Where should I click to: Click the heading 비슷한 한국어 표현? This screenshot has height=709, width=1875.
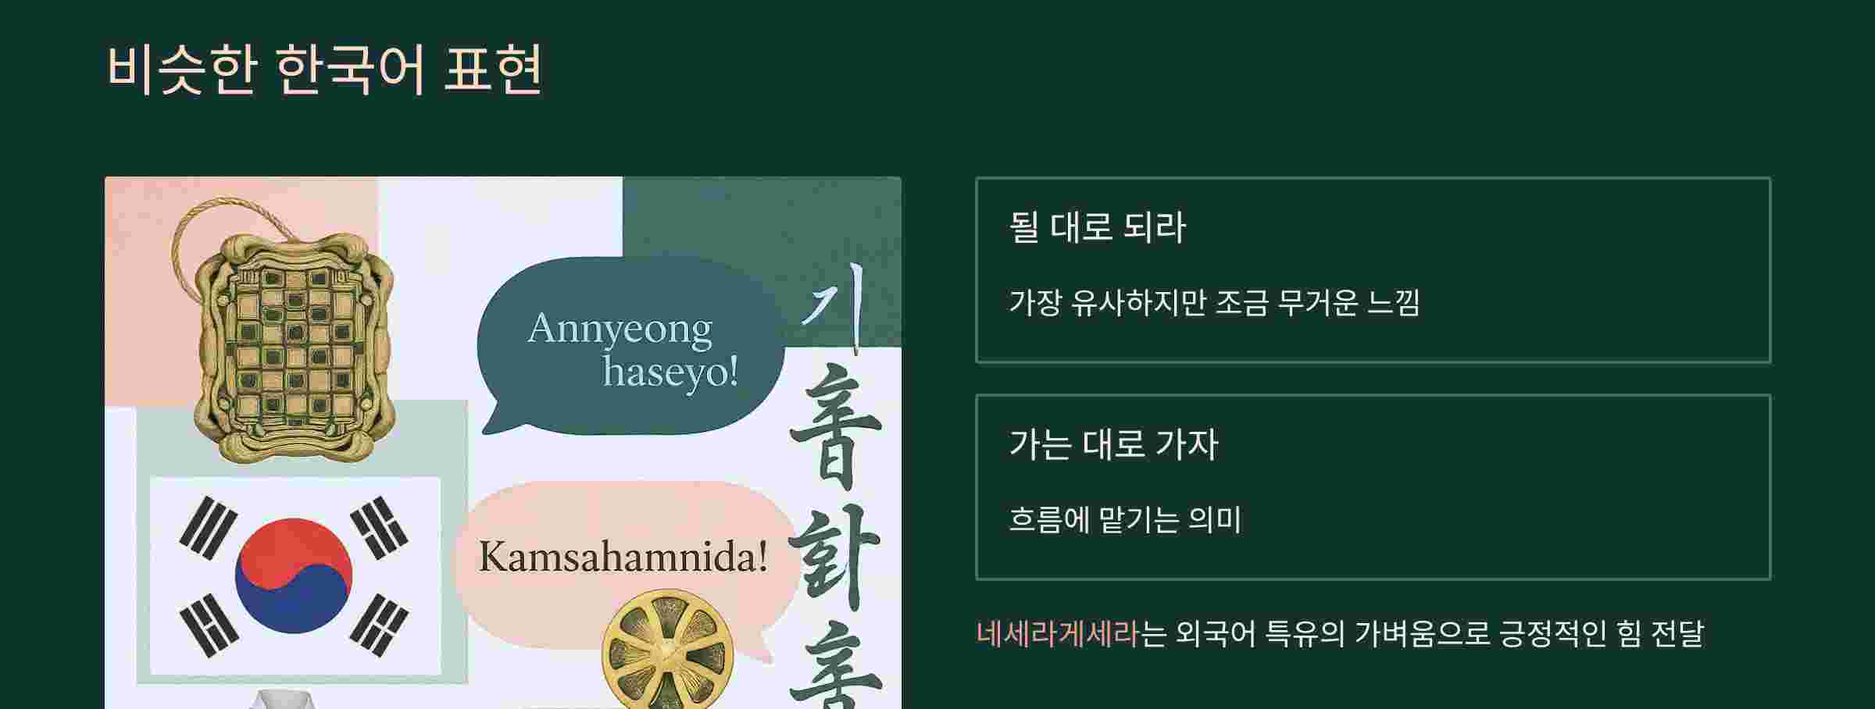pos(324,70)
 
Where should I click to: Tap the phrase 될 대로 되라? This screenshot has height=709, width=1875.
pos(1097,227)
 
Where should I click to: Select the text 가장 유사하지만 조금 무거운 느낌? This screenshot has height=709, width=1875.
pos(1213,302)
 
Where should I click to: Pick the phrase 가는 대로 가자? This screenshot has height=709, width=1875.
pos(1113,444)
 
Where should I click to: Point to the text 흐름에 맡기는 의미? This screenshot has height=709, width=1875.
pos(1124,519)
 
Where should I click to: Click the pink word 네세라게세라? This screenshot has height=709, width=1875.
pos(1058,633)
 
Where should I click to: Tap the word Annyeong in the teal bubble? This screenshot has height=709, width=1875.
pos(620,330)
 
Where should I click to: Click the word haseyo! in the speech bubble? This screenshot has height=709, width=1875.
pos(670,372)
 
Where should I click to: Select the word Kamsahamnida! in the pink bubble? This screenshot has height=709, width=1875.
pos(623,558)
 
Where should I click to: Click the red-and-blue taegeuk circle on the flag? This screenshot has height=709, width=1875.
pos(294,575)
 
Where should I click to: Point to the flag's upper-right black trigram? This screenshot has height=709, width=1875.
pos(380,528)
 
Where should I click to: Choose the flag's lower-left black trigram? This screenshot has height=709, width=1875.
pos(209,625)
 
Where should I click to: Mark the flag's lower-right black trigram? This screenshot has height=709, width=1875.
pos(379,625)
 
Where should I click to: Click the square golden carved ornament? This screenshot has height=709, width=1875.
pos(295,344)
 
